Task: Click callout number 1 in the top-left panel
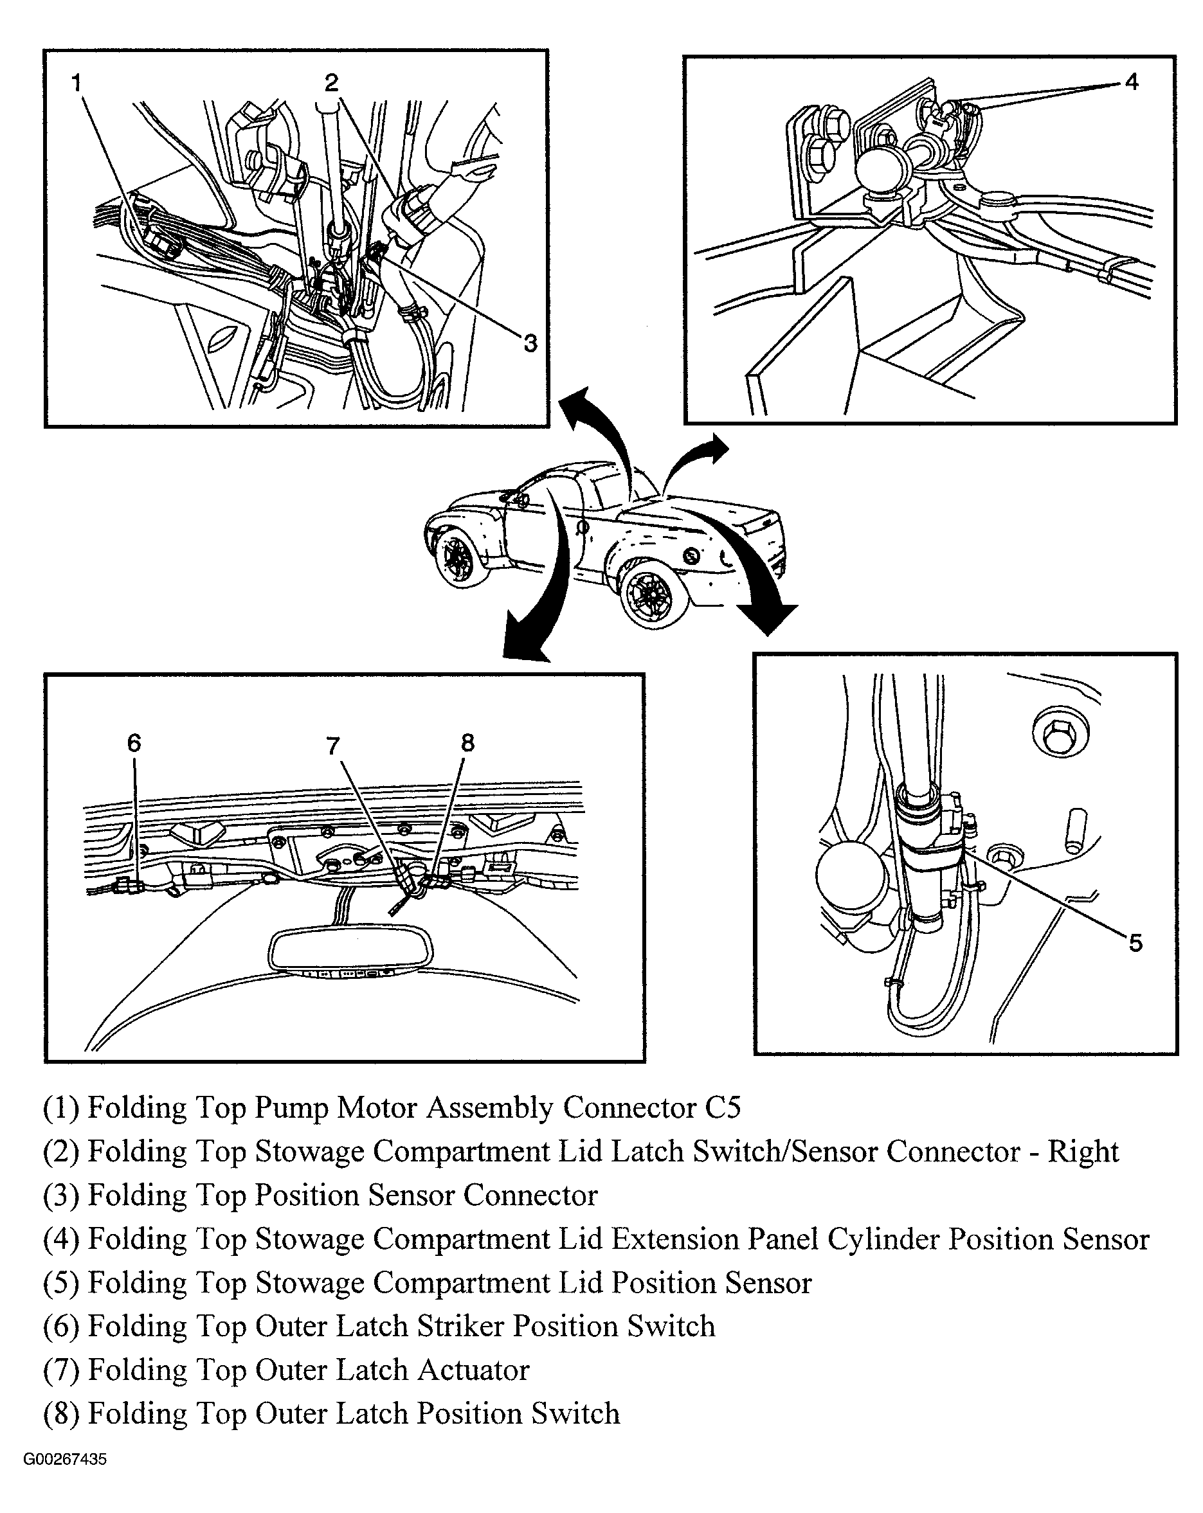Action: click(x=77, y=83)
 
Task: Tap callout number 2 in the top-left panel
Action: click(x=331, y=83)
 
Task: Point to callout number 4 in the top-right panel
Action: click(x=1131, y=82)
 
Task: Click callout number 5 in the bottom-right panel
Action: click(x=1135, y=942)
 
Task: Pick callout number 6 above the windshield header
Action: click(x=134, y=742)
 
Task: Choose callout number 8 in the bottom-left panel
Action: click(x=467, y=742)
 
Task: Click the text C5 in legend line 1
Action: click(x=722, y=1107)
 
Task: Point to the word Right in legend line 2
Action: click(x=1083, y=1152)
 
